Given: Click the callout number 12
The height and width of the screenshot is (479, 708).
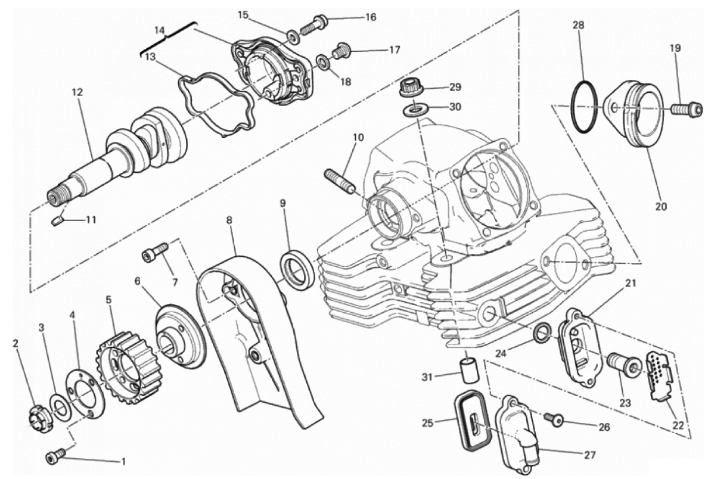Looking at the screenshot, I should tap(77, 93).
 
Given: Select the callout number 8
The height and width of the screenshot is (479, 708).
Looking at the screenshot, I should tap(229, 220).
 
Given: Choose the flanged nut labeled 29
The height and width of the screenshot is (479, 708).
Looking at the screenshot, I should tap(410, 89).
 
